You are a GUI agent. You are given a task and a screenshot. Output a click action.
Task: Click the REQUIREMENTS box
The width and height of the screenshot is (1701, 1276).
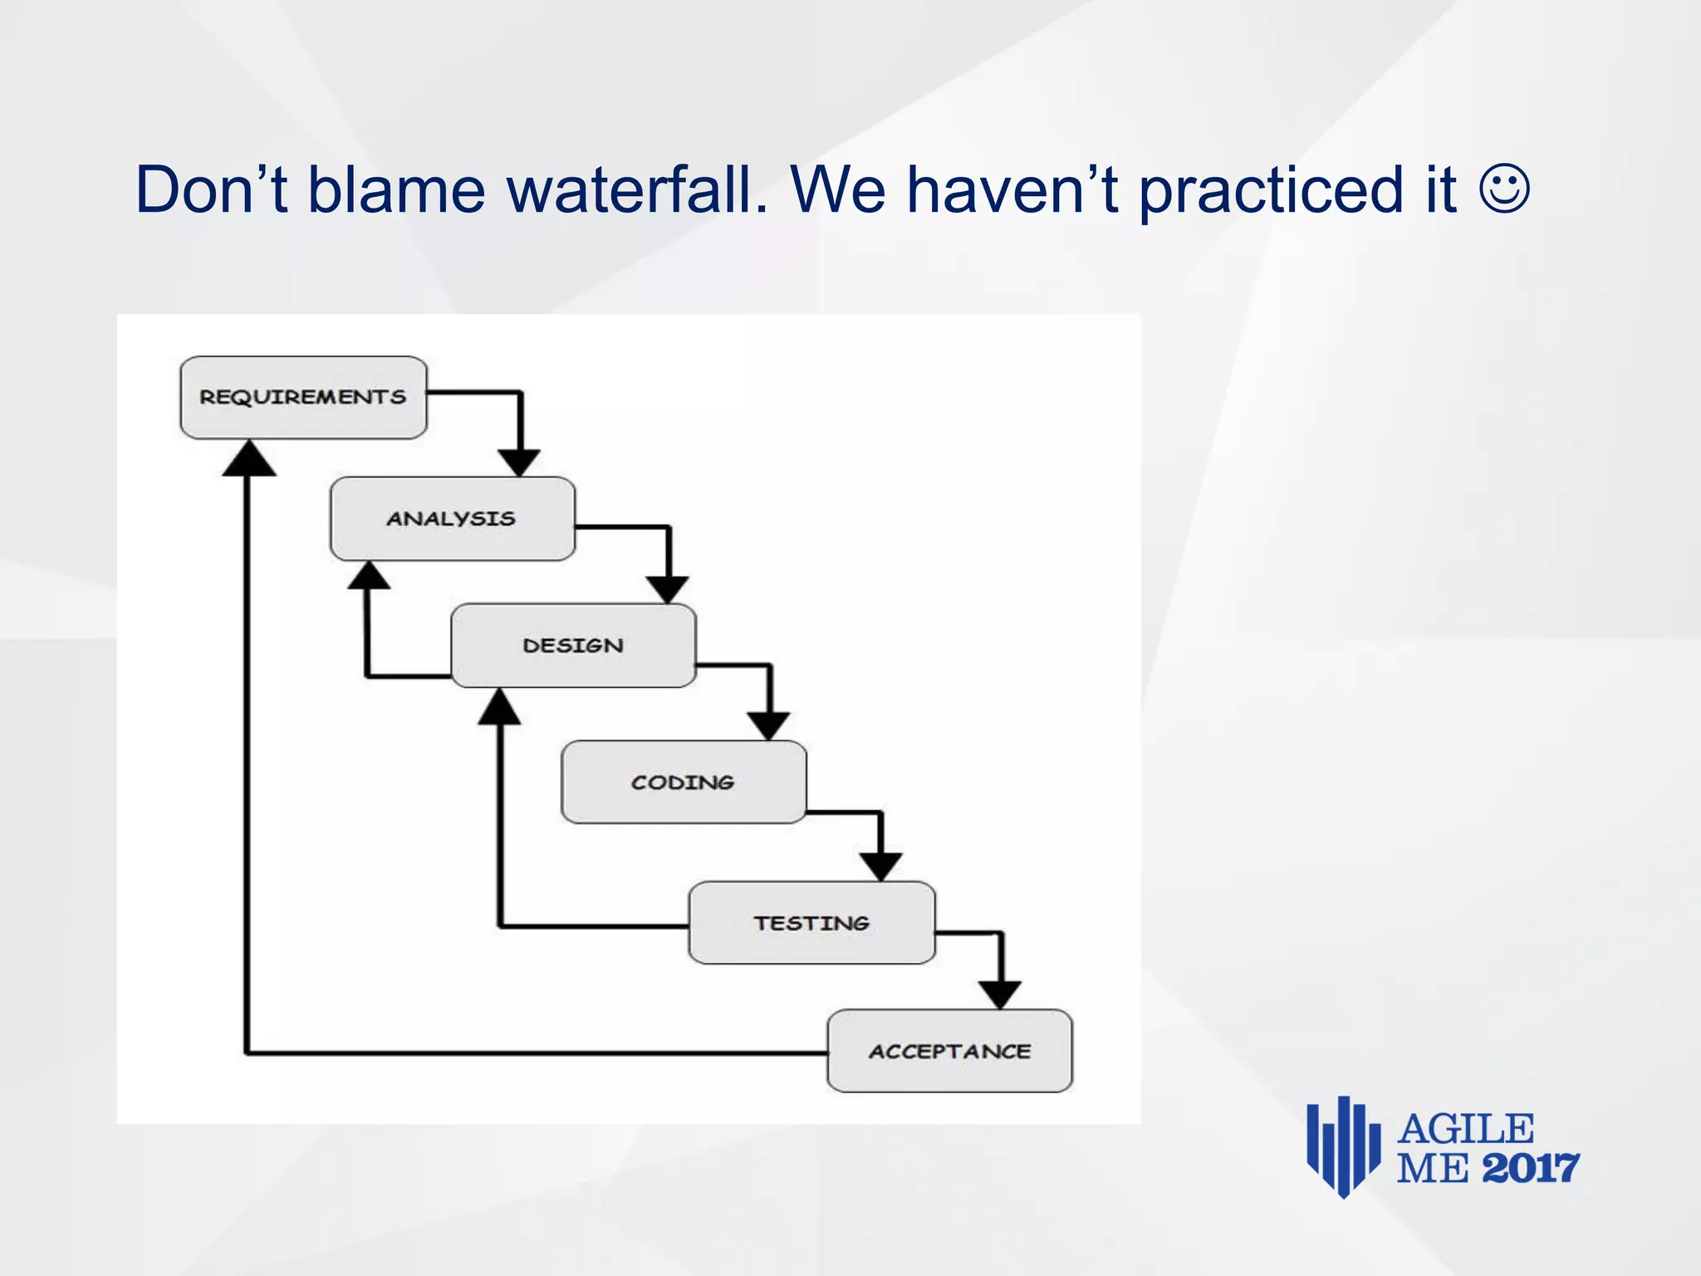[303, 397]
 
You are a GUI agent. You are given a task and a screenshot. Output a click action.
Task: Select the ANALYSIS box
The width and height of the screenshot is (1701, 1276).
[452, 518]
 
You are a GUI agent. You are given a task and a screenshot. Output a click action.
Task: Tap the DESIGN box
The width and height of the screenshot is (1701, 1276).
[573, 645]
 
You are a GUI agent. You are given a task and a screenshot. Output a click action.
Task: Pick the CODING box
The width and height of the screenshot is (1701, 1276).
[683, 782]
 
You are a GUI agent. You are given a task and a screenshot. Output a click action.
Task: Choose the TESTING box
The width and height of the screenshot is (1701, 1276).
[811, 923]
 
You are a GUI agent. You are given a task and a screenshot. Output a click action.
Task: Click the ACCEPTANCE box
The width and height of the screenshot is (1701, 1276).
[949, 1051]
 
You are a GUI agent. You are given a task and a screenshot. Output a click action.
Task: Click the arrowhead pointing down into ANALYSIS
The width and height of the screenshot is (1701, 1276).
[519, 462]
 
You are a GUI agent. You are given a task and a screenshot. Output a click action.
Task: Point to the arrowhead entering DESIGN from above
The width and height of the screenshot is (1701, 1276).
[668, 589]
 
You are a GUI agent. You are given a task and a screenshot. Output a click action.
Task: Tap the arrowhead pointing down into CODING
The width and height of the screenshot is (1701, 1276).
[769, 725]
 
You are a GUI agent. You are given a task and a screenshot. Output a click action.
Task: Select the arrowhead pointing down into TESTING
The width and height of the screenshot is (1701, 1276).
[880, 866]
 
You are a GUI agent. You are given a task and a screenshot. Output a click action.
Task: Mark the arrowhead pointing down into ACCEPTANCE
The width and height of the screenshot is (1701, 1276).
[1000, 994]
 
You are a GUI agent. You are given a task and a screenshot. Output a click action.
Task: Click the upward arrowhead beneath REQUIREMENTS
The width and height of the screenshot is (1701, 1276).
[248, 460]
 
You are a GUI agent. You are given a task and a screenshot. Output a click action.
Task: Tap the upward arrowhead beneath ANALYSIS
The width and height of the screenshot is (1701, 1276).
[368, 577]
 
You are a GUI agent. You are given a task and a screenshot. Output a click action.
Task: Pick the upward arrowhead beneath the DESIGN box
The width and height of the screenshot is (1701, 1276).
[499, 709]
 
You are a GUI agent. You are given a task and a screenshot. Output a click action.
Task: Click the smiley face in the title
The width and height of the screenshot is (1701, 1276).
[1504, 190]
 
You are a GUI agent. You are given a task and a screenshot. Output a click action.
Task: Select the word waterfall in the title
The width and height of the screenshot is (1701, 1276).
[637, 190]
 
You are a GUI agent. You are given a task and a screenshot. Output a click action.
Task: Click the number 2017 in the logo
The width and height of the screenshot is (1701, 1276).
[1530, 1169]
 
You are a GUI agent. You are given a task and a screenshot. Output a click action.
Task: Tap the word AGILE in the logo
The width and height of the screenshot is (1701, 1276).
[1465, 1129]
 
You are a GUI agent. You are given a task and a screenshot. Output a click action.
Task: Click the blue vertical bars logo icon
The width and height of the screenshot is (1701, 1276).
[1343, 1146]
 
